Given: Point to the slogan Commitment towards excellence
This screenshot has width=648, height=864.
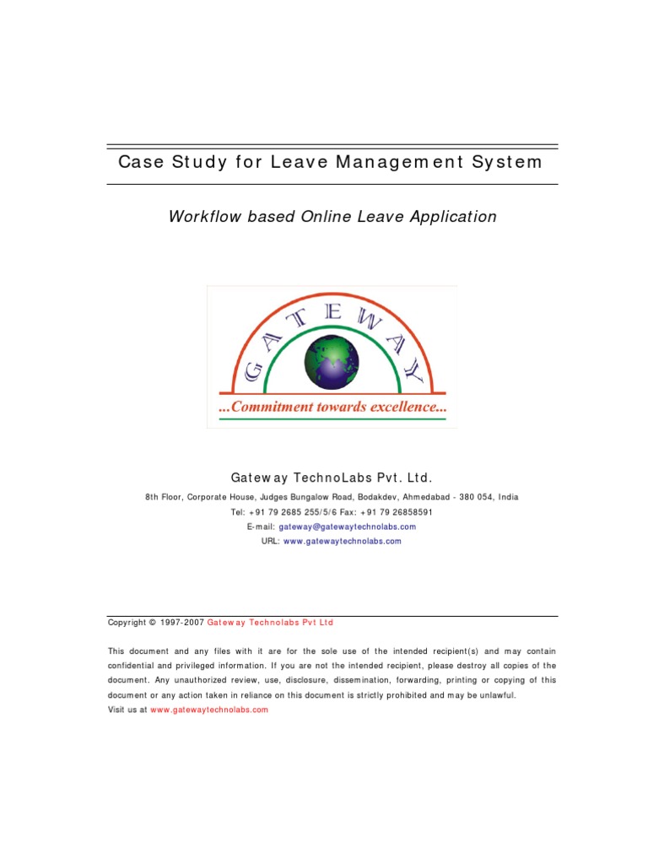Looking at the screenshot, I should (332, 408).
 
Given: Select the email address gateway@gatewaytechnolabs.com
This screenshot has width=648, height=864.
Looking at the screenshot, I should (347, 526).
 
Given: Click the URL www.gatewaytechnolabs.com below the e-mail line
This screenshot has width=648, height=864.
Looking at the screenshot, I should (342, 542).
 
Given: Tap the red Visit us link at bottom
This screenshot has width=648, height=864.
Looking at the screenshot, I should (209, 710).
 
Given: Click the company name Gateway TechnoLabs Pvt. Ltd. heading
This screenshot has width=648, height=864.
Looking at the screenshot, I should (324, 477).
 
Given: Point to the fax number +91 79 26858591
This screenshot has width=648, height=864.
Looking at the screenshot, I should (397, 512).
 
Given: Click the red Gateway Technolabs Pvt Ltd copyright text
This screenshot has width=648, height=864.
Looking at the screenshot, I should (270, 623).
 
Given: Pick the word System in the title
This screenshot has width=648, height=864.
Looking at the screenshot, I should (508, 162).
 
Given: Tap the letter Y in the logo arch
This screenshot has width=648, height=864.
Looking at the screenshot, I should (413, 370).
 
